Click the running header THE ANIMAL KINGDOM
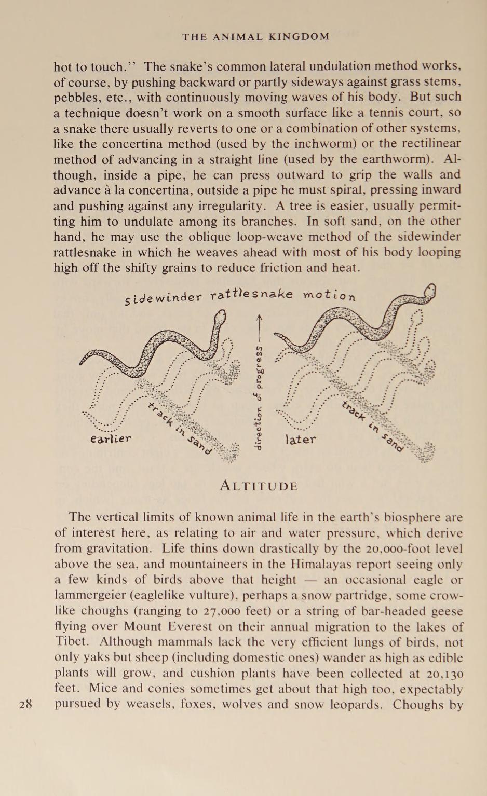tap(256, 37)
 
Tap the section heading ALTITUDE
tap(259, 486)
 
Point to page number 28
tap(26, 704)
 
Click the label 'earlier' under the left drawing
tap(111, 438)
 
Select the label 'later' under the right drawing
tap(301, 440)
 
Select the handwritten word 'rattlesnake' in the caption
tap(251, 295)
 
